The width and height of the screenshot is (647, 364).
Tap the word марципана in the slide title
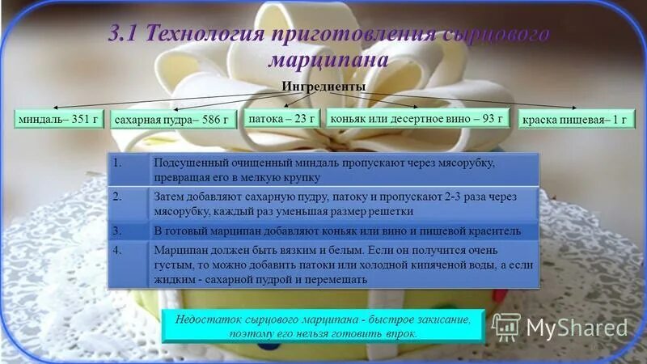(328, 61)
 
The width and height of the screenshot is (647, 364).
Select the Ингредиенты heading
(323, 87)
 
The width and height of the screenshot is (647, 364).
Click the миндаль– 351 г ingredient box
(57, 118)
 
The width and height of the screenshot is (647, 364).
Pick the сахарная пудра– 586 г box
(171, 121)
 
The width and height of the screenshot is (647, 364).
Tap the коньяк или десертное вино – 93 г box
(418, 118)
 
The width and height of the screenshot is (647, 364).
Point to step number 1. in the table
(117, 162)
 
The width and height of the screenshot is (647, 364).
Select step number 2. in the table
(117, 197)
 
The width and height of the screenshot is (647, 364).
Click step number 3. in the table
(117, 231)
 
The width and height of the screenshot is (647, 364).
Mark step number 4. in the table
(117, 250)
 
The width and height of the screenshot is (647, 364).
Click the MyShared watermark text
(577, 328)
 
